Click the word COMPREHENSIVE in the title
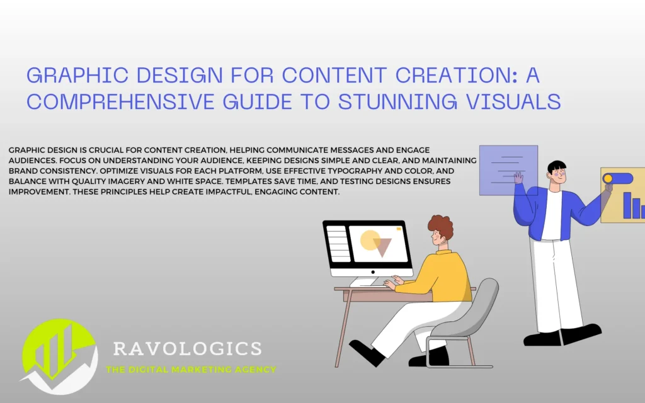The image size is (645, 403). pos(120,101)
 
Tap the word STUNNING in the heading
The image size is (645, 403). pos(397,101)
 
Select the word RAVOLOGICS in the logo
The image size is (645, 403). pos(188,349)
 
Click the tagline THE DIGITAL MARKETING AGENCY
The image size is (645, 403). pos(191,370)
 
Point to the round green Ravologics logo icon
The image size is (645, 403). pos(60,356)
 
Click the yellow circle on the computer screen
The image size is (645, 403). pos(370,241)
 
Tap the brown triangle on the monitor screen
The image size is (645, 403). pos(382,247)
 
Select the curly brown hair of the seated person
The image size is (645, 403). pos(441,226)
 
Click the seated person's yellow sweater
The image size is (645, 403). pos(439,276)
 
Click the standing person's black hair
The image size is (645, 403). pos(557,166)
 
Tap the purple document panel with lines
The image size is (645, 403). pos(508,170)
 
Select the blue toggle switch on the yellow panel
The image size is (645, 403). pos(618,178)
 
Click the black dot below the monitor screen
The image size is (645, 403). pos(373,272)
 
